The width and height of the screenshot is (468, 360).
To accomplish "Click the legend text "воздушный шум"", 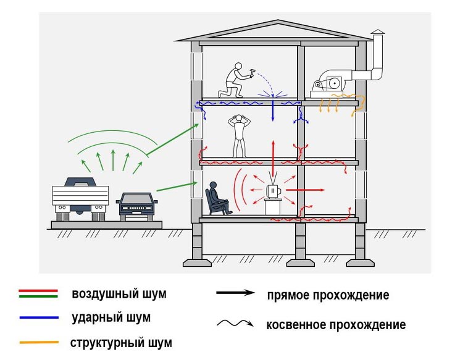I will coord(119,294).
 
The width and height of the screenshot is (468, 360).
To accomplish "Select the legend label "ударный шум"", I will coord(111,318).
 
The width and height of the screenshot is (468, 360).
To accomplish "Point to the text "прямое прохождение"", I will coord(328,295).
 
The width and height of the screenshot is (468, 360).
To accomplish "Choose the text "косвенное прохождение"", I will coord(336,325).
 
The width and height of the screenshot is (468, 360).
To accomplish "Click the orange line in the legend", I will coord(39,342).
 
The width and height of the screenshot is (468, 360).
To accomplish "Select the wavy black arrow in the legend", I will coord(235,324).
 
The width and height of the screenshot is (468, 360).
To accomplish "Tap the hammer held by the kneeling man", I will coord(251,72).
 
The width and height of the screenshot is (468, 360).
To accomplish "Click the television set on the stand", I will coord(272,192).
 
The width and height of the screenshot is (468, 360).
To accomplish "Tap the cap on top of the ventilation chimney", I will coord(377,31).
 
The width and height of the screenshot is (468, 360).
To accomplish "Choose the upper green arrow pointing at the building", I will coord(173,138).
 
